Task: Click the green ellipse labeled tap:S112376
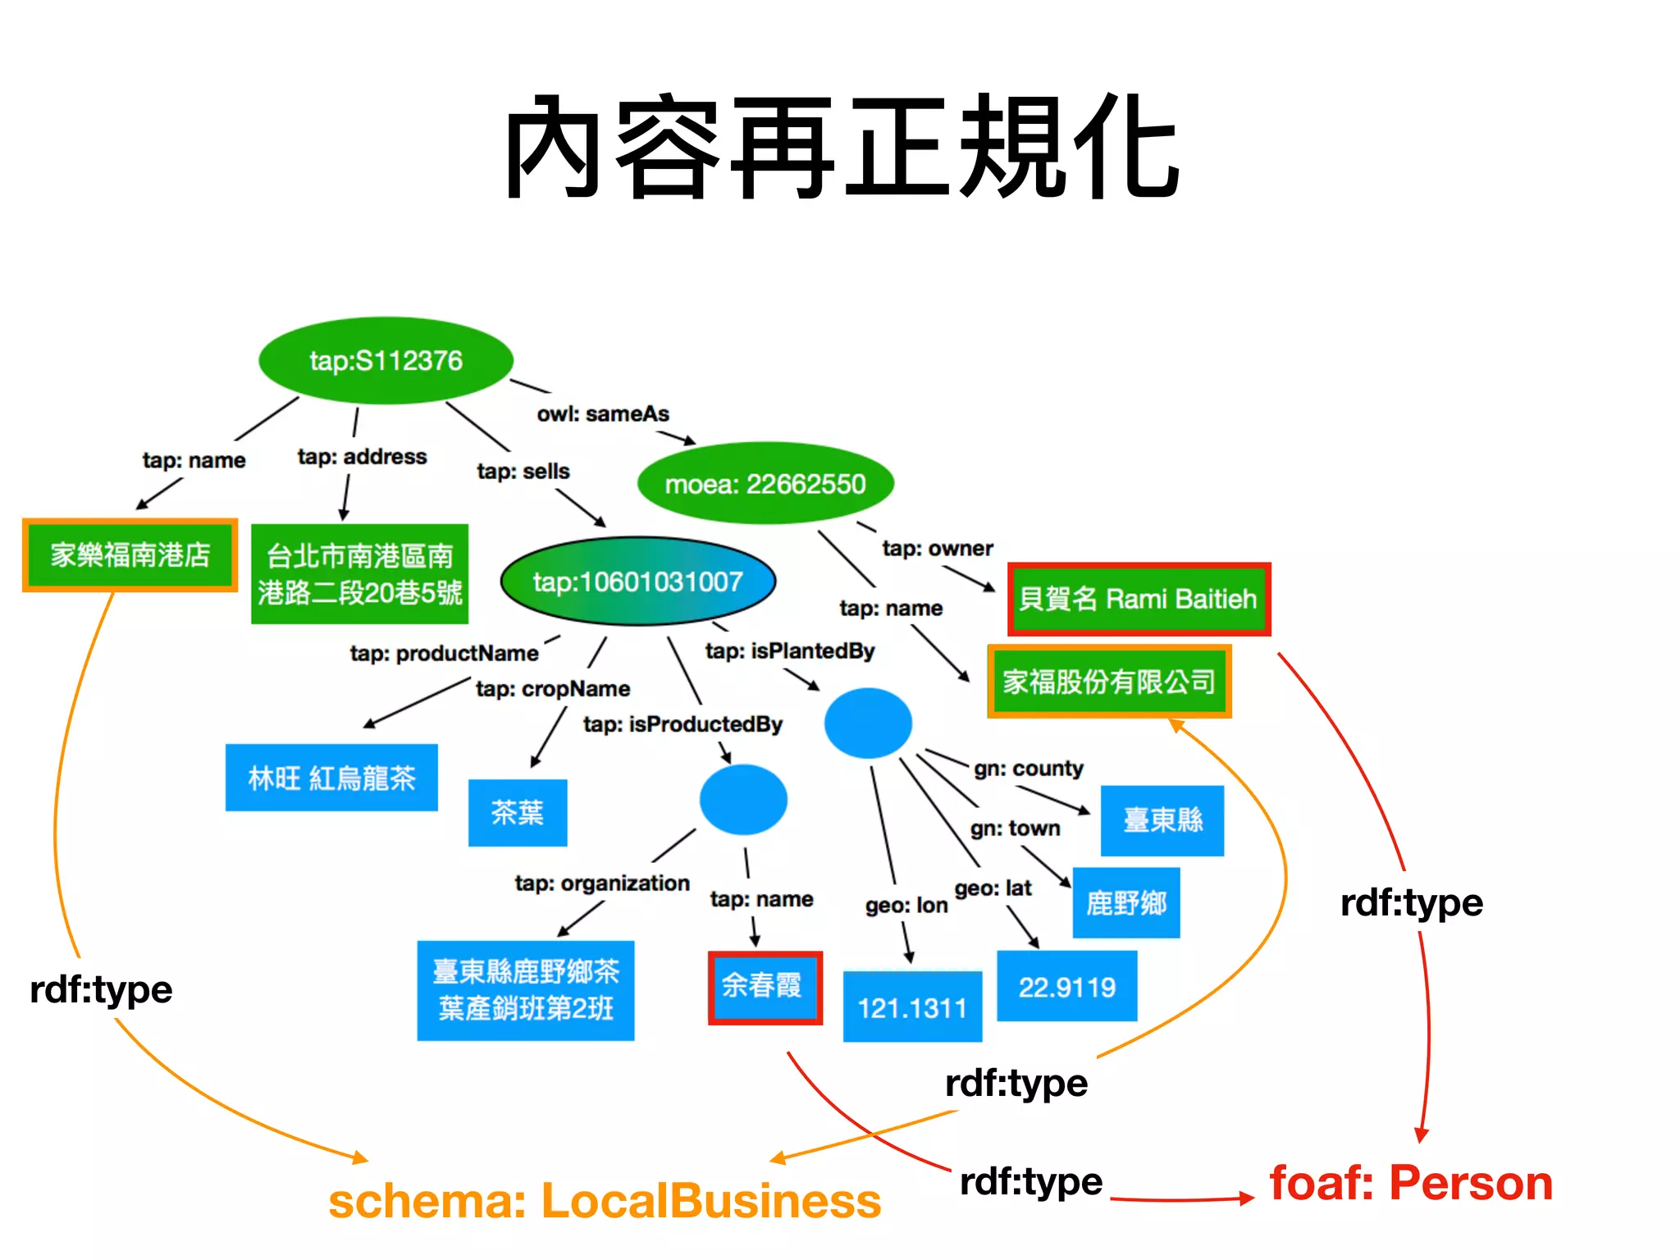[386, 361]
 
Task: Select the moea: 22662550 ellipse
[765, 484]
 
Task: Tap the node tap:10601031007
[637, 582]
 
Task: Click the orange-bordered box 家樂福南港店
[130, 555]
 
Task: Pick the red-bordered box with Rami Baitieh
[1139, 600]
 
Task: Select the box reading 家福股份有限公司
[1109, 682]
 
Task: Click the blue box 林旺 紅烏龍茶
[331, 778]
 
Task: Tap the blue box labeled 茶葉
[518, 813]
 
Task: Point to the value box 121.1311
[912, 1007]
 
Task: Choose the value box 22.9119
[1066, 987]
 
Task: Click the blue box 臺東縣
[1162, 820]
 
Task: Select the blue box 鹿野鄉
[1126, 903]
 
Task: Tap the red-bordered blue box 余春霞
[765, 987]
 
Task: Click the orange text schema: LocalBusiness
[605, 1202]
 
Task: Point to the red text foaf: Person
[1411, 1184]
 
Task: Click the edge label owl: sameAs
[603, 414]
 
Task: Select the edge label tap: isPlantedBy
[790, 651]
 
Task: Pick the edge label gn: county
[1029, 769]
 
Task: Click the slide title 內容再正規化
[842, 148]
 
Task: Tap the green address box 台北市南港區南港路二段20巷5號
[359, 574]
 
